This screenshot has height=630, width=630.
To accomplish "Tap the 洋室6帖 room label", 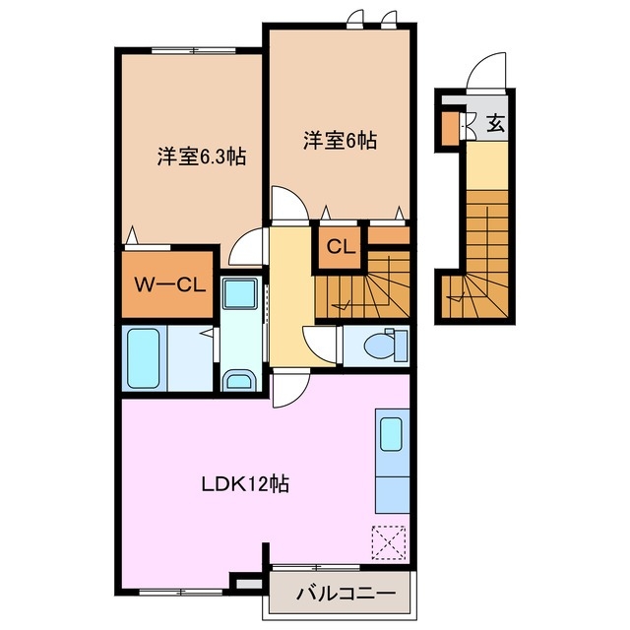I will [339, 141].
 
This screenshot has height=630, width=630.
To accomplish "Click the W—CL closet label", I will [168, 285].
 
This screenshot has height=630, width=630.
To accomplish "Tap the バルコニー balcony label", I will [345, 595].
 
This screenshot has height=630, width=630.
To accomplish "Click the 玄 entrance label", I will [496, 124].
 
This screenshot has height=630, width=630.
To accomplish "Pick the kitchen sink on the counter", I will [391, 434].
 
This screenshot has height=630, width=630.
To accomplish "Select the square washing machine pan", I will [239, 295].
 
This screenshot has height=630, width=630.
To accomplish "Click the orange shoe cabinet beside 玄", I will [450, 126].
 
